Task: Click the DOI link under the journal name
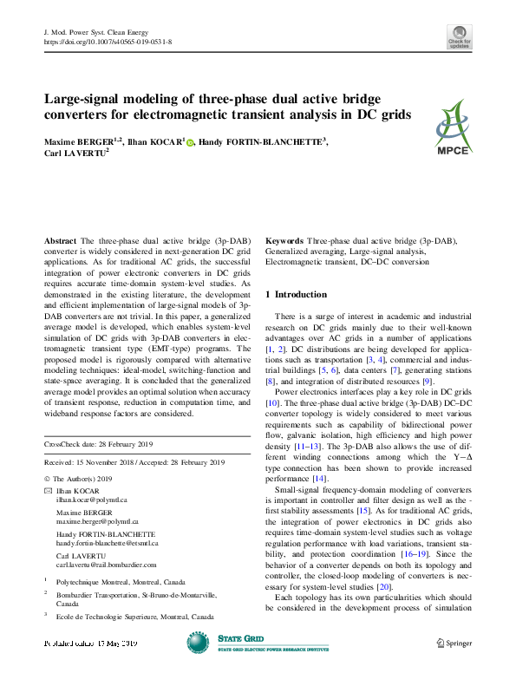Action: point(107,41)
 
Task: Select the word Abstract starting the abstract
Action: point(60,238)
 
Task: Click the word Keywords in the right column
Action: point(284,238)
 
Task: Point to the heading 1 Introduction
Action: point(297,295)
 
